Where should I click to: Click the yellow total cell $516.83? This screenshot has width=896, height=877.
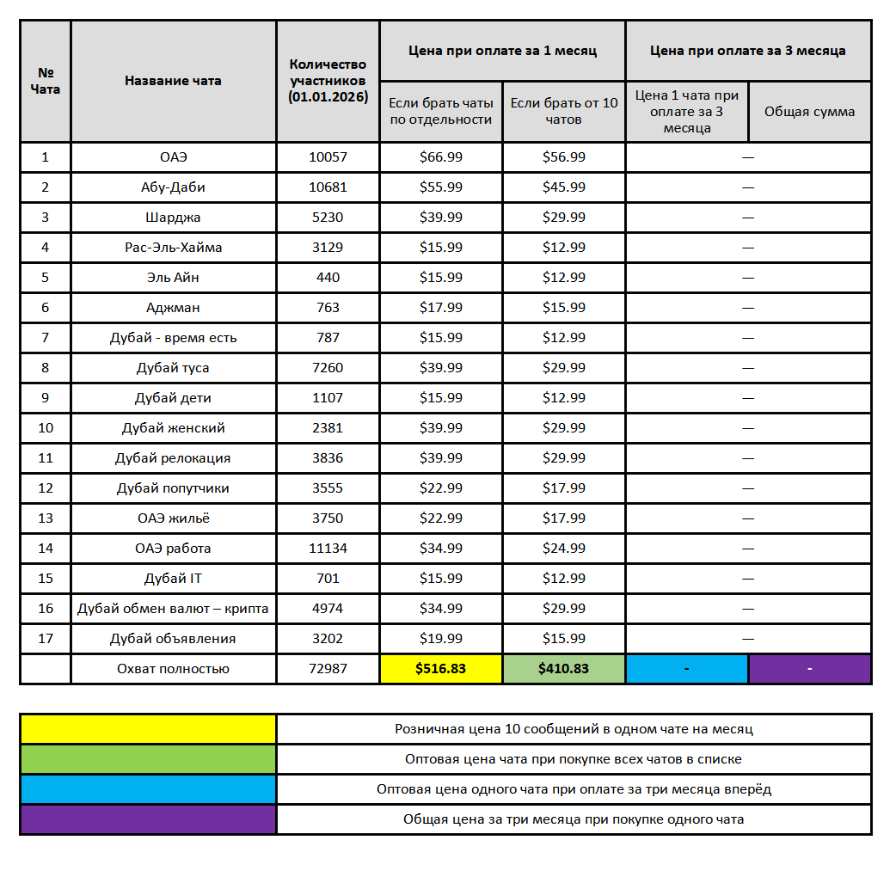coord(440,669)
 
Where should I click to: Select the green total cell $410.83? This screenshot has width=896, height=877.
coord(564,669)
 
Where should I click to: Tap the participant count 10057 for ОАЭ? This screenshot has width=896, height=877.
coord(328,157)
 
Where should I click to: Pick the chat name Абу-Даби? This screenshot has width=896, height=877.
coord(173,187)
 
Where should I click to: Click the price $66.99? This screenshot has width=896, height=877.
coord(440,157)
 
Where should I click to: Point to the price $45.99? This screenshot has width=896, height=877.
coord(564,187)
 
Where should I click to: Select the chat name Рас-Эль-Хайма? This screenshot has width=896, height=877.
coord(173,248)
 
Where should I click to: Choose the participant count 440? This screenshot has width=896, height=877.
coord(328,278)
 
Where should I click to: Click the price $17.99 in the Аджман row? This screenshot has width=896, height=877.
coord(440,308)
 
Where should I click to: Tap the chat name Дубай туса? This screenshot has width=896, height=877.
coord(173,368)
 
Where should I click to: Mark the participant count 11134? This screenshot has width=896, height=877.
coord(328,549)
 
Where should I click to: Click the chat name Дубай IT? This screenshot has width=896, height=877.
coord(173,579)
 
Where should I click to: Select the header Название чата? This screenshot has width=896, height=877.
coord(173,81)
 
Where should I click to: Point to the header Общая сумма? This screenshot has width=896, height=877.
coord(809,112)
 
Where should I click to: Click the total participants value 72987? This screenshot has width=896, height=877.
coord(328,669)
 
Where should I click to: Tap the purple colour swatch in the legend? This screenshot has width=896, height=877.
coord(148,819)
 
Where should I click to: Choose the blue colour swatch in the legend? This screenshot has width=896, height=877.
coord(148,789)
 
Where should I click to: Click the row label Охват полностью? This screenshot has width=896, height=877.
coord(173,669)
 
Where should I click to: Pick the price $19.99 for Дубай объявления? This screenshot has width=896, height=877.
coord(440,639)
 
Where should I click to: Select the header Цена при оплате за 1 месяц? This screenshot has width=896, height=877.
coord(502,51)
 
